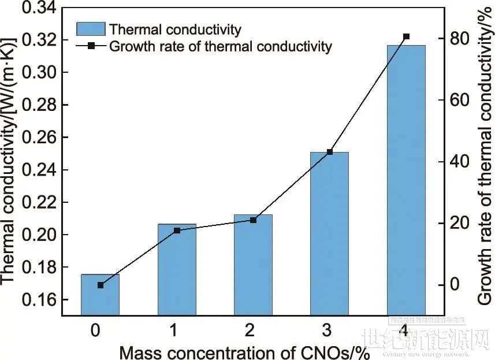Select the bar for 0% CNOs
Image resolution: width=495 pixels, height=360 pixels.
(x=100, y=295)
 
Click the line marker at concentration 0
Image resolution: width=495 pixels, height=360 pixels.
(x=101, y=285)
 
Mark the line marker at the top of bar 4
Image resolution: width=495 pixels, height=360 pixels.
(x=406, y=36)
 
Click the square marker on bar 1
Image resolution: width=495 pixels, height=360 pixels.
(x=177, y=231)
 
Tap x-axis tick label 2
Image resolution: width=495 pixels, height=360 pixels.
(x=250, y=331)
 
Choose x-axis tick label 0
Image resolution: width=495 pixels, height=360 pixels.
(x=96, y=331)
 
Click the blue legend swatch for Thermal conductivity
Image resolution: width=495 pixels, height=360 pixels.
(x=91, y=29)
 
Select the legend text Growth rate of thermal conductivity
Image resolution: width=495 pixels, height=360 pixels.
(x=221, y=46)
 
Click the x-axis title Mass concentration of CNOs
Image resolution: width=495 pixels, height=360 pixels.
(x=244, y=351)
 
